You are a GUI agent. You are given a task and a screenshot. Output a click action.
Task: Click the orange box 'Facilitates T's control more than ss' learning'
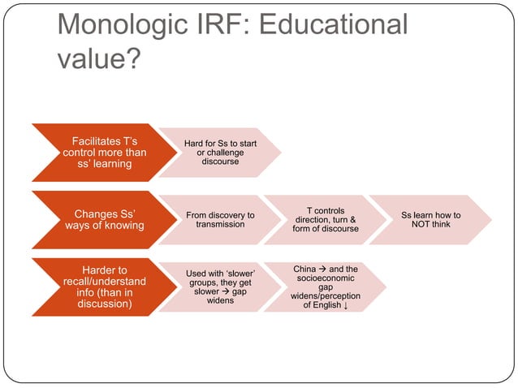click(98, 153)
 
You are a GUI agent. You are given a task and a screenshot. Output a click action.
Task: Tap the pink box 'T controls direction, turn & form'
click(325, 220)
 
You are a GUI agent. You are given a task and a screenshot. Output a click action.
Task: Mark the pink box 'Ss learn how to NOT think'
click(430, 220)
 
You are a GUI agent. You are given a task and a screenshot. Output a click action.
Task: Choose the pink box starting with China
click(325, 287)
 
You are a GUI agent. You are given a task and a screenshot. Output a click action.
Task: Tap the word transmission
click(220, 225)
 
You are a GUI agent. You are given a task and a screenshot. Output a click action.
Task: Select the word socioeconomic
click(326, 278)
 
